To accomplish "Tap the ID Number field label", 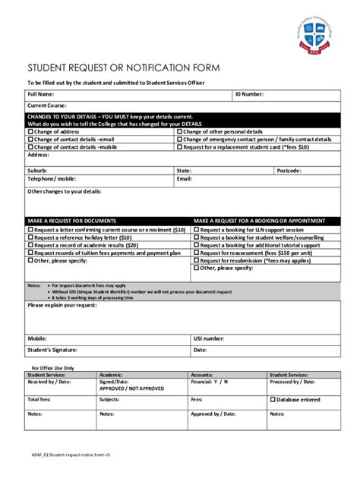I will (x=250, y=95).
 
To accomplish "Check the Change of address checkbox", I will (x=31, y=131).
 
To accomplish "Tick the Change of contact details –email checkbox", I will (x=31, y=140).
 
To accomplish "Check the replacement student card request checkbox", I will (x=180, y=147).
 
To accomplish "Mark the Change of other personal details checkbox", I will (x=180, y=131).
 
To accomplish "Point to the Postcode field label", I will (x=289, y=171).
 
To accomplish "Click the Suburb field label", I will (x=37, y=171).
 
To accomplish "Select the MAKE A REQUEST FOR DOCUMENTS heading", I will (x=72, y=220).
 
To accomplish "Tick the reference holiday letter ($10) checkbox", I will (x=31, y=237).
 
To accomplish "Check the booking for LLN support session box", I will (x=197, y=228).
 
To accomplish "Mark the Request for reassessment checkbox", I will (x=197, y=253).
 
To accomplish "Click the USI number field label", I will (x=208, y=338).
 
